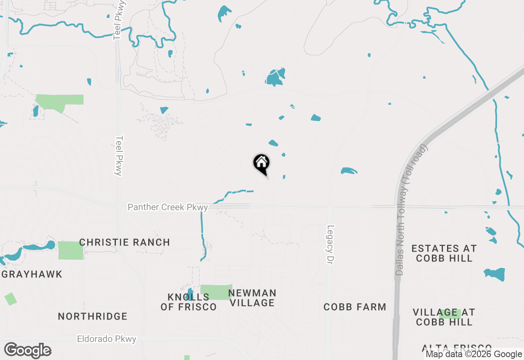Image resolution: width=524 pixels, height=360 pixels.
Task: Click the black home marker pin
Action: [261, 164]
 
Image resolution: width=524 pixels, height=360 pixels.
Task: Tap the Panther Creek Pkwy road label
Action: [168, 207]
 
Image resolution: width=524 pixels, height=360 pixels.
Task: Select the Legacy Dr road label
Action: [331, 244]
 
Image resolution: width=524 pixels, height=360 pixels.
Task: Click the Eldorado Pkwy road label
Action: [106, 339]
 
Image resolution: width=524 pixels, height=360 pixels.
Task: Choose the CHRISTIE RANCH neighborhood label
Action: [124, 243]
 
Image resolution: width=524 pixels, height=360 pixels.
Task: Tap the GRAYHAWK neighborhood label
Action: [32, 274]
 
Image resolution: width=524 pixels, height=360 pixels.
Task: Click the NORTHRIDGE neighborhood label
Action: [93, 316]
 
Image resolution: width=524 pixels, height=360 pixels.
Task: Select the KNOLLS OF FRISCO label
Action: [188, 302]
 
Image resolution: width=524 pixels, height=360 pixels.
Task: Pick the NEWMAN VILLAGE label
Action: [252, 298]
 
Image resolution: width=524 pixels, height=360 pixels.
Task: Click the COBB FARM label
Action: [355, 307]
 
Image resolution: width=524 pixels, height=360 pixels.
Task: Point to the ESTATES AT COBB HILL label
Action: [444, 253]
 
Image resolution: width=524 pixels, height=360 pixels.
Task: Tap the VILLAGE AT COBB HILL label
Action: [444, 317]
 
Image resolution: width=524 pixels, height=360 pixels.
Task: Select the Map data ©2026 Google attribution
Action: [474, 354]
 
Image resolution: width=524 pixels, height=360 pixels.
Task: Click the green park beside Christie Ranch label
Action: [70, 250]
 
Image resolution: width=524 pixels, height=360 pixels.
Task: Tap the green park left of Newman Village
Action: [216, 292]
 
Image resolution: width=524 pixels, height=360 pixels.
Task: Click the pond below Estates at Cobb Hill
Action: [495, 274]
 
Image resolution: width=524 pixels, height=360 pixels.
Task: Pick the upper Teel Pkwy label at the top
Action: [120, 20]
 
